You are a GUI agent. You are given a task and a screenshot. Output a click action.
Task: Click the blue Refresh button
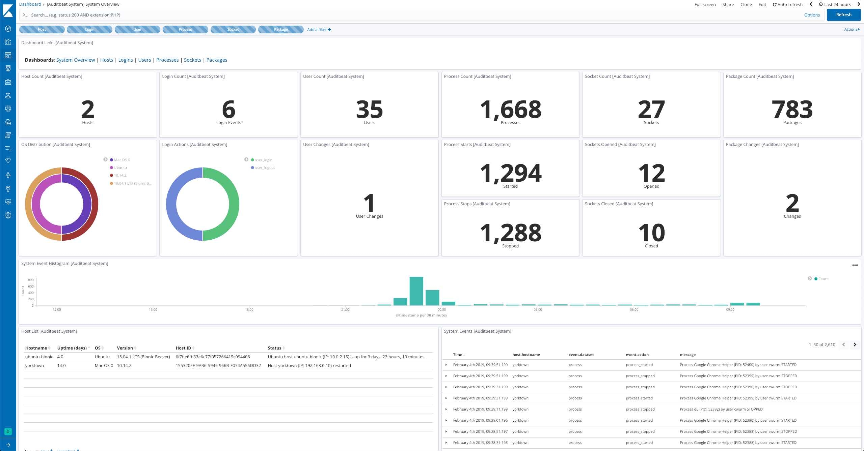(x=843, y=15)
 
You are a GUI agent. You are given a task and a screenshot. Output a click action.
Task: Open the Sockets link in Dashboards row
(x=192, y=60)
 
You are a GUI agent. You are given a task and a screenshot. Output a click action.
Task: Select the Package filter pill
(x=281, y=30)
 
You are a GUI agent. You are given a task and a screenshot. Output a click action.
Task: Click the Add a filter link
(x=319, y=30)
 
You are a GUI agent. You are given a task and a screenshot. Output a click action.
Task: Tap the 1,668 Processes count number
(x=510, y=109)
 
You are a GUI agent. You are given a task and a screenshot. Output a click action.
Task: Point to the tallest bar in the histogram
(x=416, y=291)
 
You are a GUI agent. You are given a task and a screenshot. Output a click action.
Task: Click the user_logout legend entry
(x=265, y=168)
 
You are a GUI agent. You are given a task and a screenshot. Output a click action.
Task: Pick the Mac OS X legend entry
(x=122, y=160)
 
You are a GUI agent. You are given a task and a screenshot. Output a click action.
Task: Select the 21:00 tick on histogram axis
(x=345, y=309)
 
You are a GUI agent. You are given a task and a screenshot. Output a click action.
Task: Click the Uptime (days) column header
(x=72, y=348)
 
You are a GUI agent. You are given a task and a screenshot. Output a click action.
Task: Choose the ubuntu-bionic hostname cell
(x=39, y=357)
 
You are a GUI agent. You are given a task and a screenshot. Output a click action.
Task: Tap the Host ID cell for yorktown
(x=218, y=365)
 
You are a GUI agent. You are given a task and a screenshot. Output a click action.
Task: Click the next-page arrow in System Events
(x=855, y=344)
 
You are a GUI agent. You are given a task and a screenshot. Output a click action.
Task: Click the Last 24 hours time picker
(x=837, y=4)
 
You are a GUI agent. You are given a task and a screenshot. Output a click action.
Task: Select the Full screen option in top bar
(x=705, y=4)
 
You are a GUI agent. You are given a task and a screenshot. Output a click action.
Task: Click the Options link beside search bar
(x=812, y=15)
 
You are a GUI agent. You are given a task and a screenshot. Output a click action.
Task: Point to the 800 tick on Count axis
(x=31, y=280)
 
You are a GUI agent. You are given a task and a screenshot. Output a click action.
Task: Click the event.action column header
(x=637, y=355)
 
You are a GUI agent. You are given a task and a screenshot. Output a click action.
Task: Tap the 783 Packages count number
(x=792, y=109)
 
